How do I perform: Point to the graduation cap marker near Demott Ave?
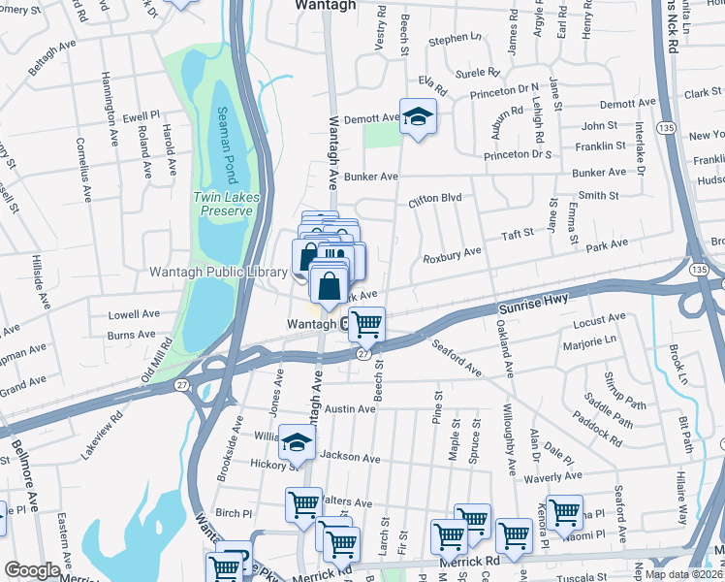pos(418,118)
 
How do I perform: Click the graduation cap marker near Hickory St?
pos(297,443)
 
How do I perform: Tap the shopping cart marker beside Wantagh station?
pos(366,325)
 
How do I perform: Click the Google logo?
pos(32,570)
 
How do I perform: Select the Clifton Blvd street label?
pos(433,199)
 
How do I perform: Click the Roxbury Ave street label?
pos(452,253)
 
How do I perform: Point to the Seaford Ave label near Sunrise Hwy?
pos(457,357)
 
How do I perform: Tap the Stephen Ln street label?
pos(455,39)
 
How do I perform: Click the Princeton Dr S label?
pos(518,155)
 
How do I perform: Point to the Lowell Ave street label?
pos(134,314)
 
